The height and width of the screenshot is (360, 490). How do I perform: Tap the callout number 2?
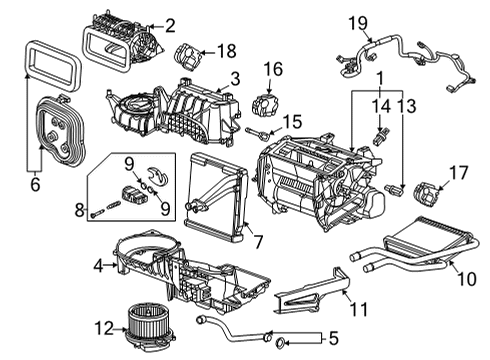coord(169,25)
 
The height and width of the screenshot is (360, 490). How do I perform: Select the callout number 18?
coord(226,49)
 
